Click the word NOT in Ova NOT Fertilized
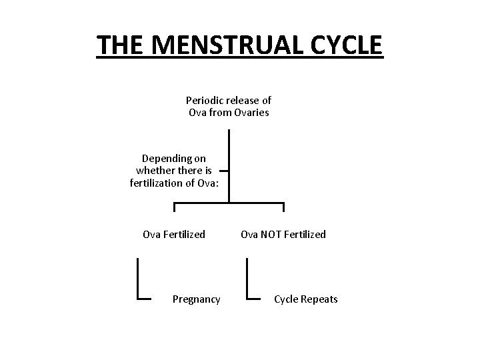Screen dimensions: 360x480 coord(269,234)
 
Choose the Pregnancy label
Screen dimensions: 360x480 coord(196,299)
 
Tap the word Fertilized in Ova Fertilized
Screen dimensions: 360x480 coord(183,234)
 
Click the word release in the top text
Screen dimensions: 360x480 coord(245,101)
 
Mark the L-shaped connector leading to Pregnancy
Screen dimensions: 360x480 coord(137,280)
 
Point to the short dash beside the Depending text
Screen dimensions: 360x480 coord(225,171)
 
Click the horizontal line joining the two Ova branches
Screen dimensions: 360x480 coord(229,202)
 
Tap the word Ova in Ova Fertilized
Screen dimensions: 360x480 coord(152,234)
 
